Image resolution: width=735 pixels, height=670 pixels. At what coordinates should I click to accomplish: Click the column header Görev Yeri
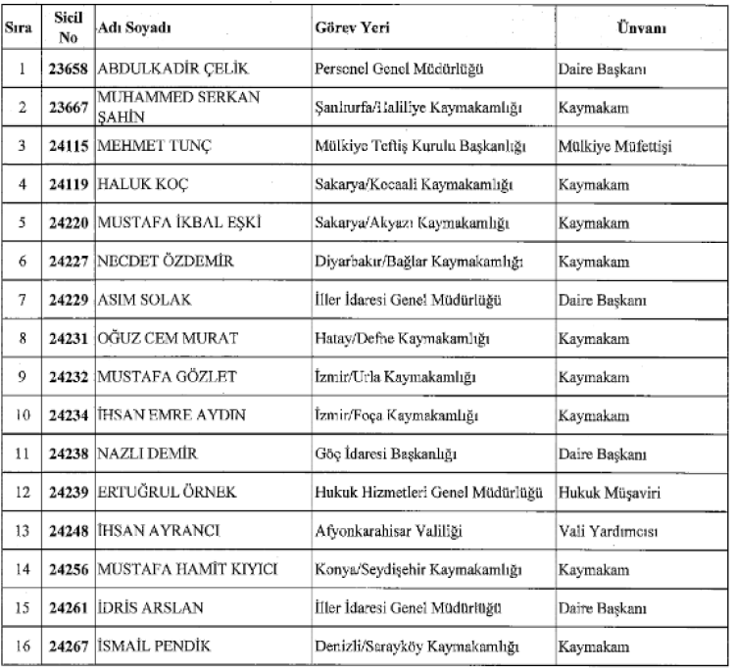pyautogui.click(x=353, y=27)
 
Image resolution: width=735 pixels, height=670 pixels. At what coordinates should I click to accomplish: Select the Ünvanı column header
pyautogui.click(x=642, y=27)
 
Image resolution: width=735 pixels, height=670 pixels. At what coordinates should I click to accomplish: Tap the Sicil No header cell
pyautogui.click(x=69, y=27)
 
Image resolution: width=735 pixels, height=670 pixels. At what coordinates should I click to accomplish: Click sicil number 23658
pyautogui.click(x=69, y=69)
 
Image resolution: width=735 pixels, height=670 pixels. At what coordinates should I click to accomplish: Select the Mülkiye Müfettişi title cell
pyautogui.click(x=614, y=146)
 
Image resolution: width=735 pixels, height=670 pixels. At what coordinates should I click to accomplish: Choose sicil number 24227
pyautogui.click(x=69, y=262)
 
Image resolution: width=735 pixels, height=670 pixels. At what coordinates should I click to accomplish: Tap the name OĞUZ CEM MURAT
pyautogui.click(x=162, y=339)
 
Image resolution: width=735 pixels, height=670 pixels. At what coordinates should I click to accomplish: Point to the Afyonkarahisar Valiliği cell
pyautogui.click(x=388, y=531)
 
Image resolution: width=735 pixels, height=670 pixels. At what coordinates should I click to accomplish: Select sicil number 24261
pyautogui.click(x=69, y=608)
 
